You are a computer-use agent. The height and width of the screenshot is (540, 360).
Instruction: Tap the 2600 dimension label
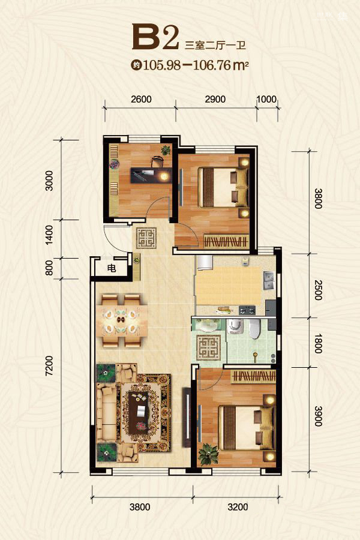coord(141,99)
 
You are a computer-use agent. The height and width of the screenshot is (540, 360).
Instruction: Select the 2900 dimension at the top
coord(215,99)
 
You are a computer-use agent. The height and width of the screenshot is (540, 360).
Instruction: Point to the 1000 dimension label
coord(266,99)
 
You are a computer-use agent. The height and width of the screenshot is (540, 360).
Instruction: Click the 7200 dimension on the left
coord(49,366)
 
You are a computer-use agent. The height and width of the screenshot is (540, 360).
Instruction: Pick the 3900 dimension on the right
coord(318,416)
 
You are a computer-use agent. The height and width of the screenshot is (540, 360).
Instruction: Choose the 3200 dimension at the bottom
coord(238,507)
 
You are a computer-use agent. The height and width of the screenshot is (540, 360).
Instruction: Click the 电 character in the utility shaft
coord(111,268)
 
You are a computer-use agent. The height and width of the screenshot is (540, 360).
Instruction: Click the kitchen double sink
coord(269,281)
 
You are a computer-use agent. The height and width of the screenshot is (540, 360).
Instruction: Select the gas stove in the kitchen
coord(247,310)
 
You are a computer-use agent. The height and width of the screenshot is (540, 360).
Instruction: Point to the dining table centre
coord(121,320)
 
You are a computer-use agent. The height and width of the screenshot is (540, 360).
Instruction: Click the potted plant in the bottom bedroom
coord(208,454)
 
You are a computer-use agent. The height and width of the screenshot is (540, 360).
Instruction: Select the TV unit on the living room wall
coord(187,417)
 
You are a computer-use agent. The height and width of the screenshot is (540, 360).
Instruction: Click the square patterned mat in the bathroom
coord(208,347)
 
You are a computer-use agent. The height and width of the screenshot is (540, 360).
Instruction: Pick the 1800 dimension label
coord(318,343)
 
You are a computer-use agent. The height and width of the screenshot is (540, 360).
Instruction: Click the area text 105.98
coord(161,65)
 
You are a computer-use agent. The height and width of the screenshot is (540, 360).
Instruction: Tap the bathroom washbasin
coord(207,325)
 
